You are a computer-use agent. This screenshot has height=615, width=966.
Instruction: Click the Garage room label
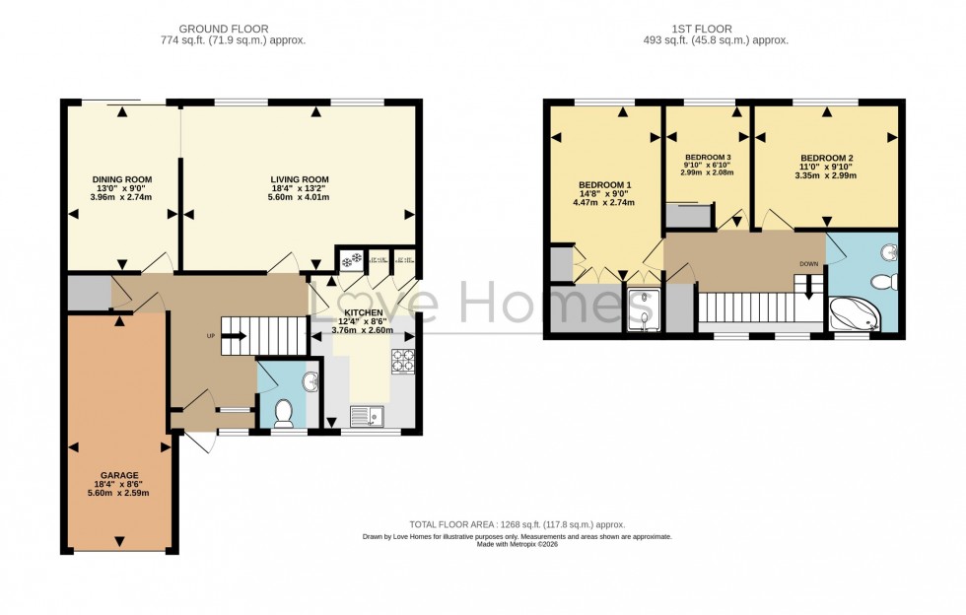[x=118, y=475]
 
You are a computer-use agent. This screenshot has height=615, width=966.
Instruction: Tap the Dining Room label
[x=119, y=179]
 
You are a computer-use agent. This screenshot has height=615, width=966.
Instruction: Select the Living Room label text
[x=300, y=179]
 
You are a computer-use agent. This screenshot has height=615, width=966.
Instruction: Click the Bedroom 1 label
[x=604, y=185]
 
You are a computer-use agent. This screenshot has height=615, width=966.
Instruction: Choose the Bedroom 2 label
[x=826, y=159]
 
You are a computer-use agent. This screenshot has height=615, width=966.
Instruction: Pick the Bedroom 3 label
[x=708, y=158]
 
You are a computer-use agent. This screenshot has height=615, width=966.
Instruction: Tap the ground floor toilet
[x=284, y=411]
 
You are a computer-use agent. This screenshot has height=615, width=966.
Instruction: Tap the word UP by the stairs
[x=210, y=336]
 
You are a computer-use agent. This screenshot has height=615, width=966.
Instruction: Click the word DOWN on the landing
[x=808, y=264]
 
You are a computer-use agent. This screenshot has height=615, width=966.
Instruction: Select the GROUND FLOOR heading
[x=233, y=30]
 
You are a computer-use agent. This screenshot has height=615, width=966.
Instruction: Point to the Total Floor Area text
[x=517, y=524]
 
